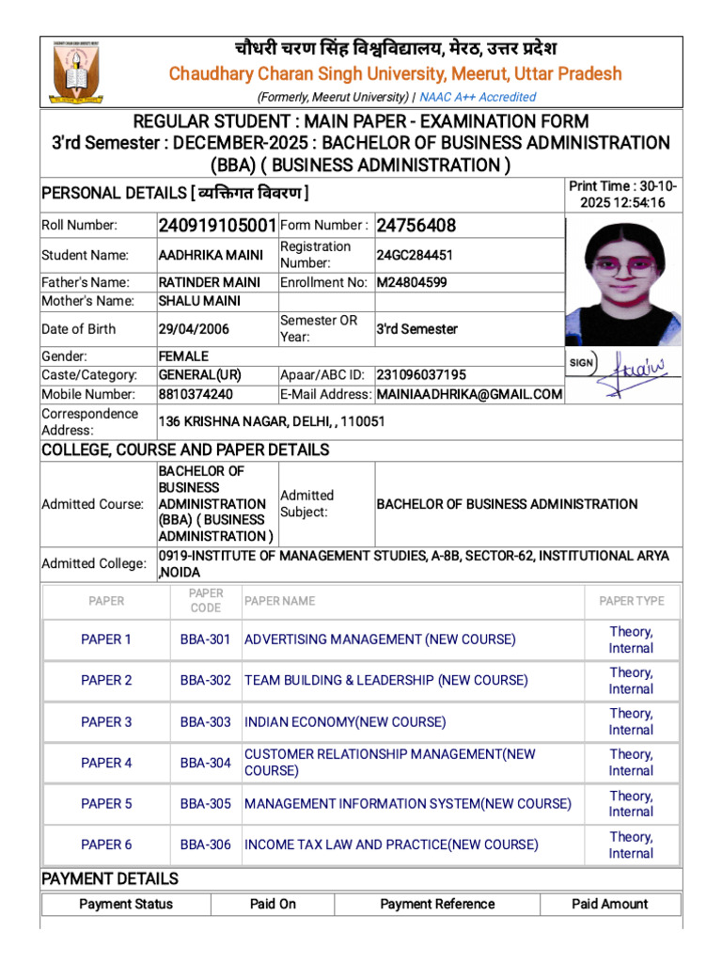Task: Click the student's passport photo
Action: click(x=623, y=283)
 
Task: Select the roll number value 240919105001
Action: click(x=217, y=226)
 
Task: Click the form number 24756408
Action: click(x=416, y=226)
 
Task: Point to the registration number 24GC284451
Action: click(x=415, y=255)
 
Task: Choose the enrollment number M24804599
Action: click(x=412, y=282)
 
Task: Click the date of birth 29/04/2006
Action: click(x=194, y=329)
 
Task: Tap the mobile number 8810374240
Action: click(x=196, y=394)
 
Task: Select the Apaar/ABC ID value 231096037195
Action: click(x=421, y=374)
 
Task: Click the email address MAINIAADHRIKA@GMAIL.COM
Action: click(x=469, y=394)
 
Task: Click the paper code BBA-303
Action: click(x=206, y=722)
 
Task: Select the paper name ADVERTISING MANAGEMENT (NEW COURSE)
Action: click(x=380, y=639)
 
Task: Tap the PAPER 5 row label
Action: click(x=106, y=804)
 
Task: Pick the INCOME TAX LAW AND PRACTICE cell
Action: click(x=391, y=845)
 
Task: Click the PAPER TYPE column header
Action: click(x=631, y=601)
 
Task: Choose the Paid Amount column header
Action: click(x=609, y=904)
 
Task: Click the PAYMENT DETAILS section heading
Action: click(x=110, y=879)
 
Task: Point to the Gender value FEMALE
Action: click(x=183, y=356)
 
